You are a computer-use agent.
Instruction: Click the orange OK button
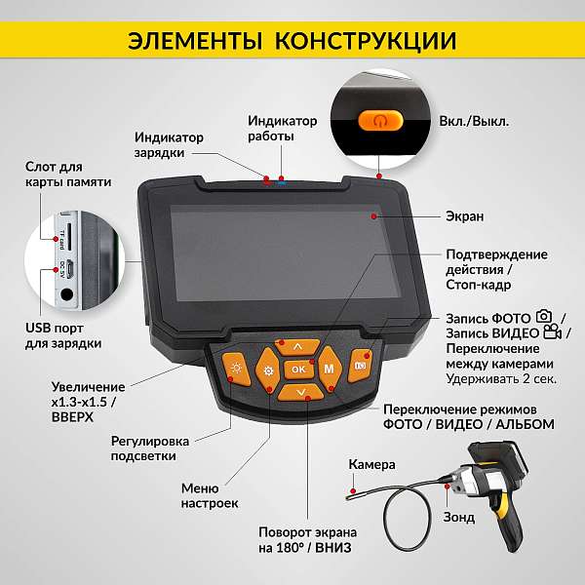pyautogui.click(x=298, y=369)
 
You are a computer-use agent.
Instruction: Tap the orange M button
pyautogui.click(x=330, y=369)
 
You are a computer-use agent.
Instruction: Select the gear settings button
pyautogui.click(x=268, y=370)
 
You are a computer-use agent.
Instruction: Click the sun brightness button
pyautogui.click(x=237, y=369)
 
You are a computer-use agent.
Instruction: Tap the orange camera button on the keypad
pyautogui.click(x=361, y=366)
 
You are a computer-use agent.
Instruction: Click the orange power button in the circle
pyautogui.click(x=380, y=121)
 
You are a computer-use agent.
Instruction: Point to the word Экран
pyautogui.click(x=464, y=216)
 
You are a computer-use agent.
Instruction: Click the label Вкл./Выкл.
pyautogui.click(x=474, y=121)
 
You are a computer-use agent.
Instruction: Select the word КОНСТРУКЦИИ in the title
pyautogui.click(x=366, y=41)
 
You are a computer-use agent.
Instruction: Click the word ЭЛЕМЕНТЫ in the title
pyautogui.click(x=195, y=41)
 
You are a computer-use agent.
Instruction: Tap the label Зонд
pyautogui.click(x=459, y=517)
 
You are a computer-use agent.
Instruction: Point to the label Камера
pyautogui.click(x=371, y=464)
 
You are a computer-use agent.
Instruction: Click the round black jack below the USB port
pyautogui.click(x=67, y=294)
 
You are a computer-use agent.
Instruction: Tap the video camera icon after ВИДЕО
pyautogui.click(x=553, y=332)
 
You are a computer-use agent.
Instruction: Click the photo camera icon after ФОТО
pyautogui.click(x=544, y=316)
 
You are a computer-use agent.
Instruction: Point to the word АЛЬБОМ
pyautogui.click(x=525, y=424)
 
